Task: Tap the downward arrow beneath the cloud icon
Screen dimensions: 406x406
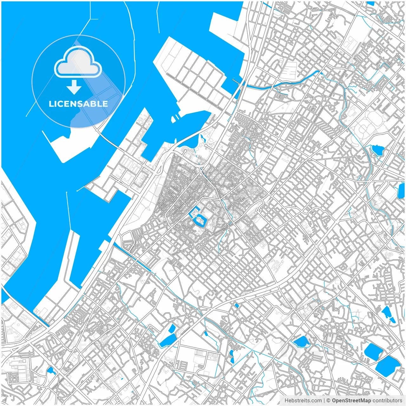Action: (74, 87)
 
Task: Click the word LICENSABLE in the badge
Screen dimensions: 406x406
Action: (78, 104)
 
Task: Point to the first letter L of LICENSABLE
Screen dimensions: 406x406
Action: (51, 104)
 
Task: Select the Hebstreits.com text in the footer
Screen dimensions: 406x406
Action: (303, 401)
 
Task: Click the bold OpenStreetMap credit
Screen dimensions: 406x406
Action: (351, 401)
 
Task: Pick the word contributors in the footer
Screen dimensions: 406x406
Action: (387, 401)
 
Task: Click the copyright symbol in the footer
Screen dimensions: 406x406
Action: (329, 401)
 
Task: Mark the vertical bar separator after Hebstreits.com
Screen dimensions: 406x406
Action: (324, 401)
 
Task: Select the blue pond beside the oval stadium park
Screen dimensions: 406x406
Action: (377, 149)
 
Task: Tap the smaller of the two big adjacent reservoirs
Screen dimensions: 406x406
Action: (373, 351)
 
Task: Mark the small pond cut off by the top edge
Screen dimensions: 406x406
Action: (370, 3)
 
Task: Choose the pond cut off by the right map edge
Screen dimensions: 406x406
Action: (401, 190)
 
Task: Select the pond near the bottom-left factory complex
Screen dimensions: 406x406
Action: (51, 370)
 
